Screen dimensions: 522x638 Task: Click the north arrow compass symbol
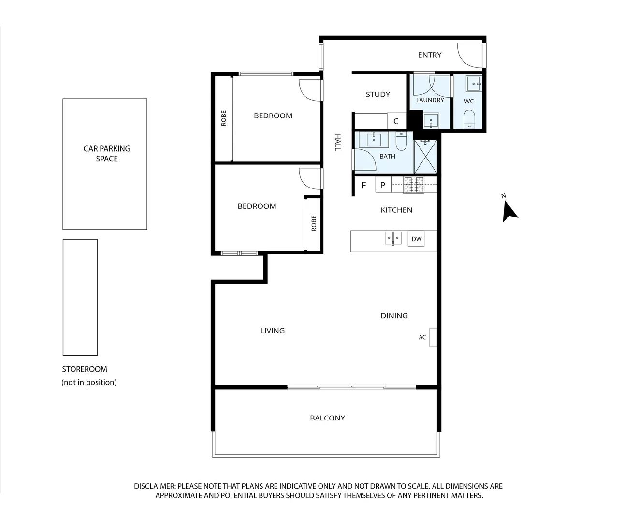coord(509,211)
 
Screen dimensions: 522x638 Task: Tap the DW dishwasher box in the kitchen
coord(416,239)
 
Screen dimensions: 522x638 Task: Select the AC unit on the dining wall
coord(433,337)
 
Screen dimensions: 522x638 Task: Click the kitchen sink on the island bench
coord(392,238)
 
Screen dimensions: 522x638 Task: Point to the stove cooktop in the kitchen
coord(414,185)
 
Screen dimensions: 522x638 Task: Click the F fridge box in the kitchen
coord(364,185)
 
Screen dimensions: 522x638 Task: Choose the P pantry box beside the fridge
coord(383,185)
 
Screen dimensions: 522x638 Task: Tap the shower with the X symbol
coord(425,157)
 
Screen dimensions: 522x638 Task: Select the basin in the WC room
coord(473,84)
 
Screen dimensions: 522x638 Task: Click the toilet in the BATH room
coord(401,142)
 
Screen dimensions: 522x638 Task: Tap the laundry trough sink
coord(431,120)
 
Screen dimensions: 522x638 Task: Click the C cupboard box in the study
coord(396,121)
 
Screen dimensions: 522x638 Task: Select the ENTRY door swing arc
coord(469,56)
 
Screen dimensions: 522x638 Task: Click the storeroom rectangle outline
coord(80,297)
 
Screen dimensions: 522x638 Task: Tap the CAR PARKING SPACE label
coord(107,154)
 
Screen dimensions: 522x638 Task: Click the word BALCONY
coord(327,418)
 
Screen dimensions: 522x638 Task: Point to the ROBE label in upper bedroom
coord(224,118)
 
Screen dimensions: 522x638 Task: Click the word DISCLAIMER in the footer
coord(155,486)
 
